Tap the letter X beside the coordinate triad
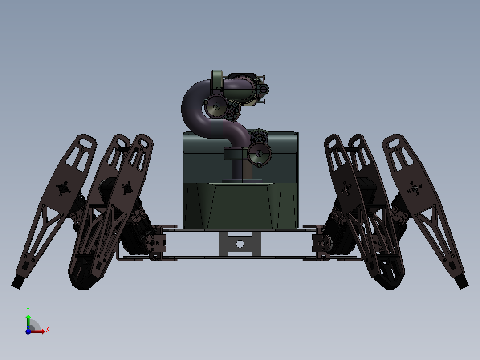(x=47, y=329)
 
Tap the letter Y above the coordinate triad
(x=28, y=309)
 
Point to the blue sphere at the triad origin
(x=28, y=331)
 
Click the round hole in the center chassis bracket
(x=240, y=244)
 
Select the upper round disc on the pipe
(x=216, y=106)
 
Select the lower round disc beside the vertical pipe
(x=259, y=154)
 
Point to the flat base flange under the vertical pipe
(x=242, y=180)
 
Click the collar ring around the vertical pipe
(x=234, y=154)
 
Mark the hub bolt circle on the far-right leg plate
(x=415, y=189)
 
